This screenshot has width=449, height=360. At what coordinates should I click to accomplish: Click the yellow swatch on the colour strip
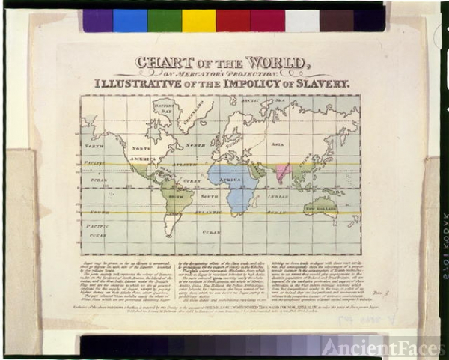pos(198,20)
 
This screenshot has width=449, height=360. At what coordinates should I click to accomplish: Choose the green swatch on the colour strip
pos(165,20)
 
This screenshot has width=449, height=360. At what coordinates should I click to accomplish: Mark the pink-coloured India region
pos(282,173)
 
